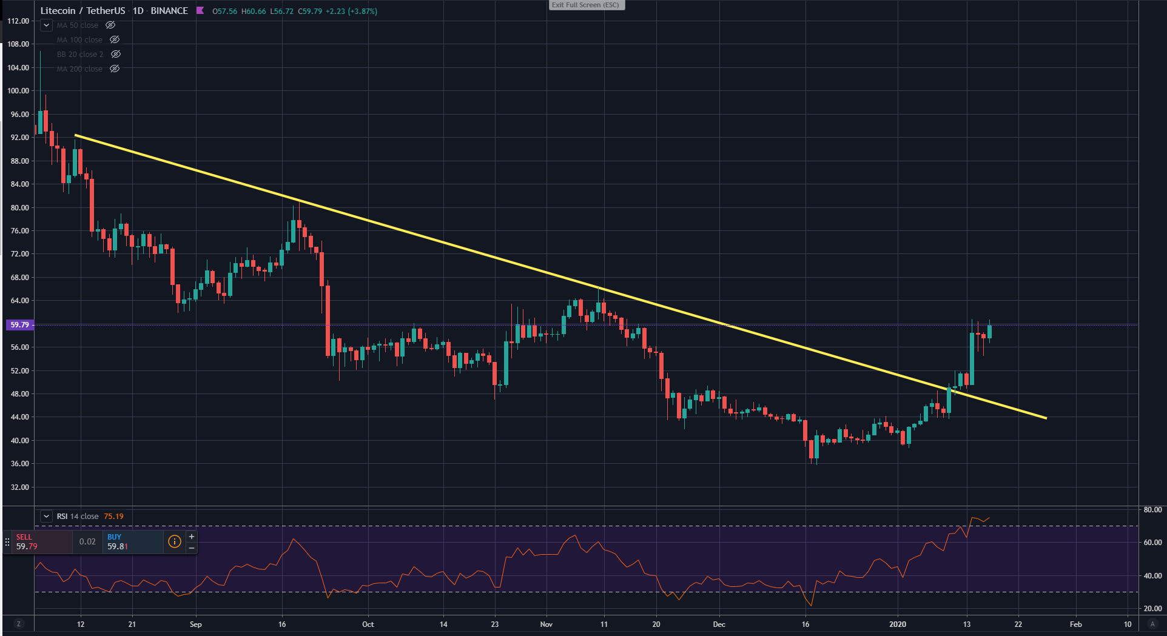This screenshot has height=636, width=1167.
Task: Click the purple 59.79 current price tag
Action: (19, 325)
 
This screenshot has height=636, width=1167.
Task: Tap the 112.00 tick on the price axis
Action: (18, 21)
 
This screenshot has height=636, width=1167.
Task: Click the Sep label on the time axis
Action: (195, 624)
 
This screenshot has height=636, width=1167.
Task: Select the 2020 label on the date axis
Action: (897, 624)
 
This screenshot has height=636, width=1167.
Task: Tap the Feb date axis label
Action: (1075, 624)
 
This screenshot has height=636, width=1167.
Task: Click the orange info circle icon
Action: (174, 541)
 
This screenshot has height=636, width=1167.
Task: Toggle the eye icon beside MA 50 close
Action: (110, 25)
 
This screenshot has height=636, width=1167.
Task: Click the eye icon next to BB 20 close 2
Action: (116, 55)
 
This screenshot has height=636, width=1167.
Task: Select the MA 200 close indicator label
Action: (79, 69)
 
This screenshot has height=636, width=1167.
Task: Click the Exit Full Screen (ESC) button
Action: (585, 5)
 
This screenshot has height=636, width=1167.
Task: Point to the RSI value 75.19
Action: (113, 517)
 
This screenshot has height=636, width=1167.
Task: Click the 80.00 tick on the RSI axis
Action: (1152, 510)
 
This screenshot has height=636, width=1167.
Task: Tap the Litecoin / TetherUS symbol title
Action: (82, 11)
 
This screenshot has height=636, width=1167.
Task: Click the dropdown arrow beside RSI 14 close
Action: (46, 517)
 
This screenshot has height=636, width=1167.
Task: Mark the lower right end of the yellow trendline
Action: (1046, 418)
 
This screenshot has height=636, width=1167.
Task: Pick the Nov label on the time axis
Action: (546, 624)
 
